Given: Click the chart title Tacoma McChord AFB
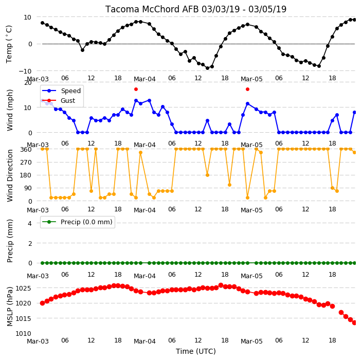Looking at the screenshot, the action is [x=152, y=9].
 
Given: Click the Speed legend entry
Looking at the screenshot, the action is [x=61, y=91].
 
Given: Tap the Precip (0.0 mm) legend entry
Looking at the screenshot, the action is [x=77, y=222].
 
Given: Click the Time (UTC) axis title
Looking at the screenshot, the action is [x=196, y=351].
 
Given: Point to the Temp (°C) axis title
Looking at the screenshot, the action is [x=9, y=44].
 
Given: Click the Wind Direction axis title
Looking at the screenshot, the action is [x=10, y=175].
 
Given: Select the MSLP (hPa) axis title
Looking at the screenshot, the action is [x=10, y=307].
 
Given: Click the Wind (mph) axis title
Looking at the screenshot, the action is [x=10, y=110].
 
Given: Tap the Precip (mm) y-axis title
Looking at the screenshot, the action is [x=10, y=241].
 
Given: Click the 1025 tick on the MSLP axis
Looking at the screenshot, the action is [x=23, y=288].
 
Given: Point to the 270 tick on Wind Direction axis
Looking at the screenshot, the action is [x=26, y=163].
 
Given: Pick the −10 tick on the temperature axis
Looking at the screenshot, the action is [x=25, y=71].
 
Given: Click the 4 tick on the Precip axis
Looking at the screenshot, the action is [x=30, y=223].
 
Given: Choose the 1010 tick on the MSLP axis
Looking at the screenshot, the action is [x=23, y=333].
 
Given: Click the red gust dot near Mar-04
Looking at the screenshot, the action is [x=136, y=89].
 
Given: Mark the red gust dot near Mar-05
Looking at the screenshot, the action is [x=247, y=89].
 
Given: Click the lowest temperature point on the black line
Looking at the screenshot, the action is [x=207, y=68].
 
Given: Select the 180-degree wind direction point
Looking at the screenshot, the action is [x=207, y=175].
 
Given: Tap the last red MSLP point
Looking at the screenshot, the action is [x=355, y=322].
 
